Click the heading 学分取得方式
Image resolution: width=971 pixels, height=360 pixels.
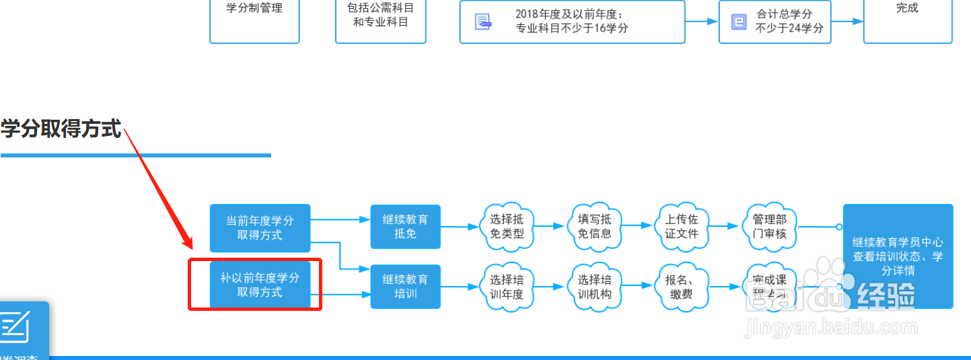click(x=61, y=129)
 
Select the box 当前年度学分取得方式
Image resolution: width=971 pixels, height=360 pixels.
click(x=260, y=228)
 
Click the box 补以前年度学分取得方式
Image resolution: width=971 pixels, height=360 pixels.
click(x=260, y=285)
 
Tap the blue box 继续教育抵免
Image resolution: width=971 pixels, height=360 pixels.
click(x=405, y=227)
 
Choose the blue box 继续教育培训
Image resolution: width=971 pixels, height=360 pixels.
click(x=405, y=286)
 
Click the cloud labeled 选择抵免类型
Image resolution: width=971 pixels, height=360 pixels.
click(x=507, y=227)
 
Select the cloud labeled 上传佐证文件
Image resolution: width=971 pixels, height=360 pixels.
click(x=681, y=227)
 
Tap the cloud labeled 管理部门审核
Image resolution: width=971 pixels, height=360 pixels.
click(x=769, y=227)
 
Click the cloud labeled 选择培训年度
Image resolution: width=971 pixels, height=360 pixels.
click(x=507, y=287)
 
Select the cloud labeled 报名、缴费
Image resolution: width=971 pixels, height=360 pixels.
click(x=681, y=287)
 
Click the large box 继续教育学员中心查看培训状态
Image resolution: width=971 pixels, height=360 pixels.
click(x=898, y=256)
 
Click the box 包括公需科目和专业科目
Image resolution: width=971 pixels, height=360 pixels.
click(x=380, y=16)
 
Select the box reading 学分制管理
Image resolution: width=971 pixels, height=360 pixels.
click(x=254, y=13)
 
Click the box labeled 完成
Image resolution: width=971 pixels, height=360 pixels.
click(x=907, y=13)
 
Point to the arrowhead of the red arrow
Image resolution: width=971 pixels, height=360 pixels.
click(x=188, y=246)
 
